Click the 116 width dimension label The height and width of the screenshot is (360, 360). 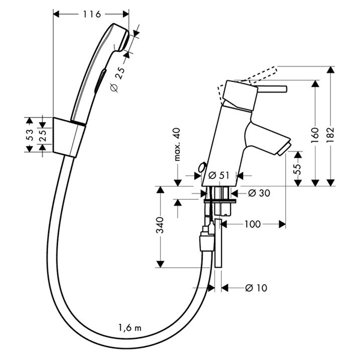[92, 14]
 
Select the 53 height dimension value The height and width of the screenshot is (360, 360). [30, 135]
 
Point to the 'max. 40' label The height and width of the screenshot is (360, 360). [177, 144]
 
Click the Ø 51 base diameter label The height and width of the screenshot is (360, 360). [219, 175]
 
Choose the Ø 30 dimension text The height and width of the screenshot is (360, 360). [259, 193]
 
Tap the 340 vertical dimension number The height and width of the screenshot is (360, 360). [160, 225]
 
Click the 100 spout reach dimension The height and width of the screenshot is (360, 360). [252, 224]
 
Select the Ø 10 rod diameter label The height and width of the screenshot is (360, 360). [256, 288]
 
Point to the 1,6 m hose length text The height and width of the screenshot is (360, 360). [130, 328]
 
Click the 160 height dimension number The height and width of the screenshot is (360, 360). [315, 135]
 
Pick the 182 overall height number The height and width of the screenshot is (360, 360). [330, 135]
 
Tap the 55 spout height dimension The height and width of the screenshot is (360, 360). [297, 169]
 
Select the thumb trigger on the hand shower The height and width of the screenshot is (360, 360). [100, 81]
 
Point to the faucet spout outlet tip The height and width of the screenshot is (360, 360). [284, 149]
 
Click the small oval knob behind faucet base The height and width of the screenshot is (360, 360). [202, 167]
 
